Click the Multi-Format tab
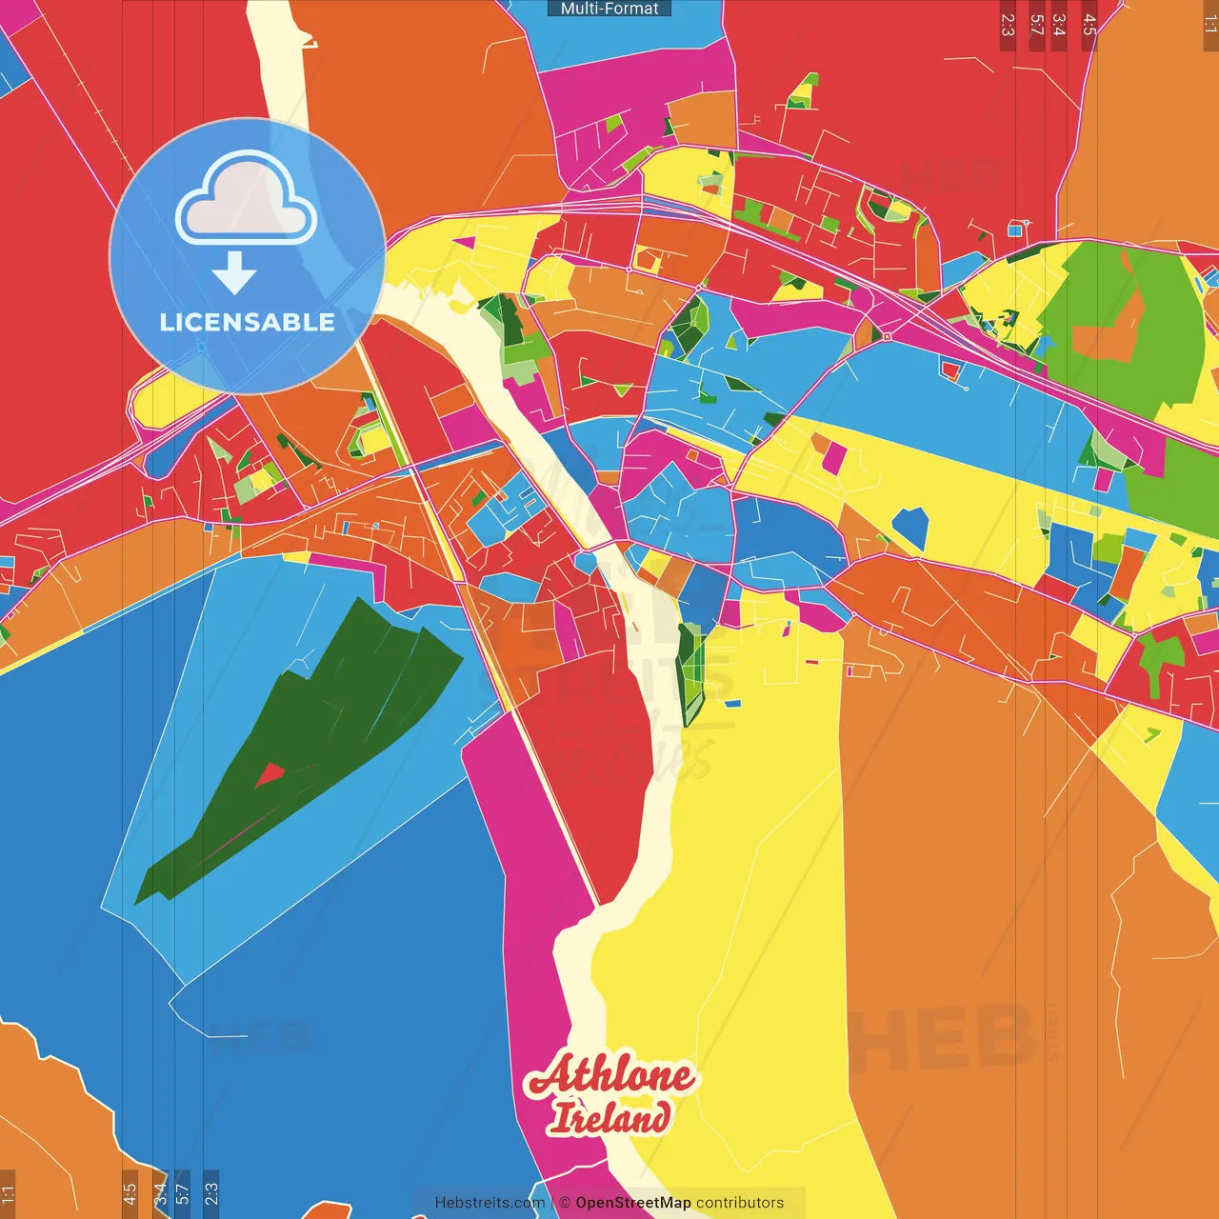tap(609, 9)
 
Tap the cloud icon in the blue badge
tap(247, 198)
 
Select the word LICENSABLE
tap(248, 322)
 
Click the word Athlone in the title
tap(610, 1075)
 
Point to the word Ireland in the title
tap(610, 1118)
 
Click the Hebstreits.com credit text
tap(490, 1203)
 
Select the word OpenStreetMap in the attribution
tap(633, 1203)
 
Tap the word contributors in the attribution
tap(740, 1203)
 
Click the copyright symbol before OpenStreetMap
tap(565, 1203)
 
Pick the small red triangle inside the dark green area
tap(270, 774)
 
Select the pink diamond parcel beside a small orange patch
tap(834, 458)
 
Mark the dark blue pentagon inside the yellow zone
tap(910, 528)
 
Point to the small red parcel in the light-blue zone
tap(950, 368)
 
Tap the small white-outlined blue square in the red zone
tap(1015, 229)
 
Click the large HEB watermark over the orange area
tap(943, 1038)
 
